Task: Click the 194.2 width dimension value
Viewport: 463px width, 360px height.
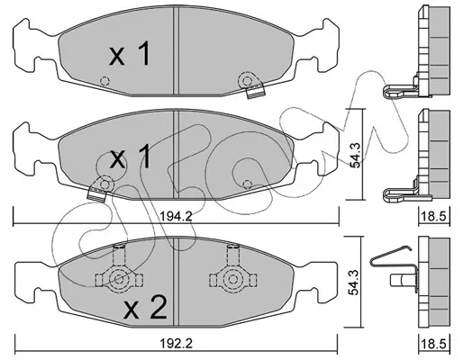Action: coord(176,216)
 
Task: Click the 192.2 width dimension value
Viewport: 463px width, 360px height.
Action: coord(176,344)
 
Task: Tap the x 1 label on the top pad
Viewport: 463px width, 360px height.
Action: coord(130,54)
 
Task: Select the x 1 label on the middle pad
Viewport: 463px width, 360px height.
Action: coord(130,156)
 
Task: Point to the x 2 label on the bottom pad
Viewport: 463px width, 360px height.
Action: coord(145,307)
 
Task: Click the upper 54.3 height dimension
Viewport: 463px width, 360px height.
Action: coord(355,155)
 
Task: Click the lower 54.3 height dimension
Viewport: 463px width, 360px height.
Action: coord(355,283)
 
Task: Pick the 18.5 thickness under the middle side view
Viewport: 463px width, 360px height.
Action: coord(433,216)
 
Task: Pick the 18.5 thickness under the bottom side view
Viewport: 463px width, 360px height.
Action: coord(433,344)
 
